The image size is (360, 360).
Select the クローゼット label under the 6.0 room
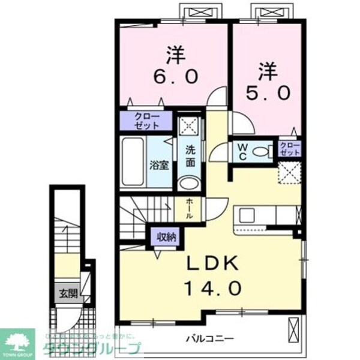point(146,121)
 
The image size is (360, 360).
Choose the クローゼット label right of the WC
point(289,149)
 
